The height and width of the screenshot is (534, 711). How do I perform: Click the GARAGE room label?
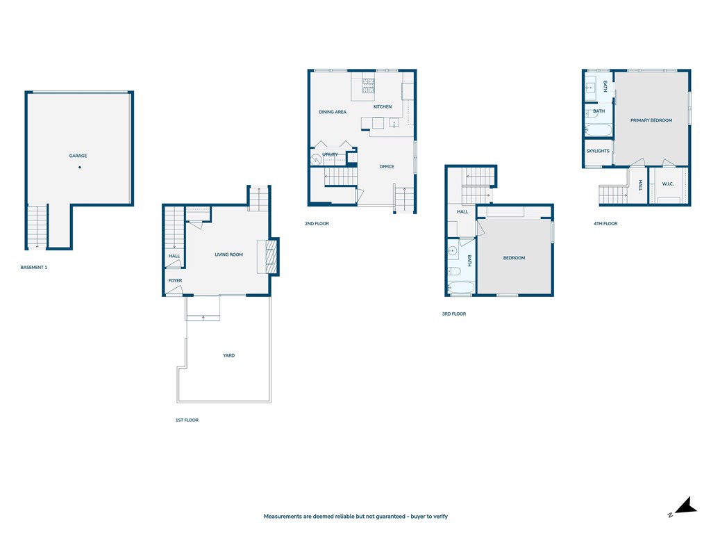point(78,156)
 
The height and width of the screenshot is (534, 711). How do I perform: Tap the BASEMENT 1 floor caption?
point(33,268)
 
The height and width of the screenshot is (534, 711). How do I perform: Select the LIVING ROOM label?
point(229,254)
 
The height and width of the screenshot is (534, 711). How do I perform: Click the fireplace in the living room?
point(271,257)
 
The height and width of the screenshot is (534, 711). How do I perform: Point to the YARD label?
point(229,355)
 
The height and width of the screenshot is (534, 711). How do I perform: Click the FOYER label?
point(175,281)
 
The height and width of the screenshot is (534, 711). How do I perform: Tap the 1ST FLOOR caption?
point(187,420)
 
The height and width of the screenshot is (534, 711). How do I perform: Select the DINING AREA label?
point(333,112)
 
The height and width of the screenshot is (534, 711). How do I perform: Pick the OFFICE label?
point(387,167)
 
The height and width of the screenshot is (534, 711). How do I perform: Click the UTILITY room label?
point(330,154)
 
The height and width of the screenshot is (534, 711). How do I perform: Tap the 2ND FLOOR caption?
point(317,223)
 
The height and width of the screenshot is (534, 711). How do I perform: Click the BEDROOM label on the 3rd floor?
point(515,258)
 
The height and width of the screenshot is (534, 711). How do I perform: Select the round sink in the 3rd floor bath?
point(452,250)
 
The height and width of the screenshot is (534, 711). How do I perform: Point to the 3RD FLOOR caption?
point(454,314)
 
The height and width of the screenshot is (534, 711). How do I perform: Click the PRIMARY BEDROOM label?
point(651,120)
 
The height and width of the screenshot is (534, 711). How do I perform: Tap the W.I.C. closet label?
point(667,184)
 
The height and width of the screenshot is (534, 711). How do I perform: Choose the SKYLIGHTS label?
point(598,151)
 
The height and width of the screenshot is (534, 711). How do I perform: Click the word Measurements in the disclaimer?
point(283,517)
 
